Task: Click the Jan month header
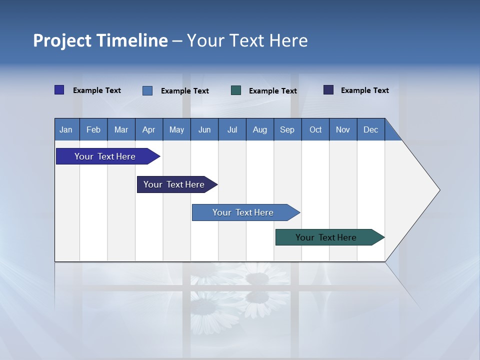tap(66, 129)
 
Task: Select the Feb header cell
tap(93, 129)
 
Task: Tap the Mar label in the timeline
tap(121, 129)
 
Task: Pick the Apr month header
tap(148, 129)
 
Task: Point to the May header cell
tap(176, 129)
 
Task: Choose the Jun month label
tap(204, 129)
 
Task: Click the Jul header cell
tap(232, 129)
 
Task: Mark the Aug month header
tap(259, 129)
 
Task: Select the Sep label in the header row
tap(287, 129)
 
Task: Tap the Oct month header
tap(315, 129)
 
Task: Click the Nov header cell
tap(343, 129)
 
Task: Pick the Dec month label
tap(370, 129)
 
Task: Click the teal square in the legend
tap(236, 90)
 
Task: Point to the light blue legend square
tap(147, 90)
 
